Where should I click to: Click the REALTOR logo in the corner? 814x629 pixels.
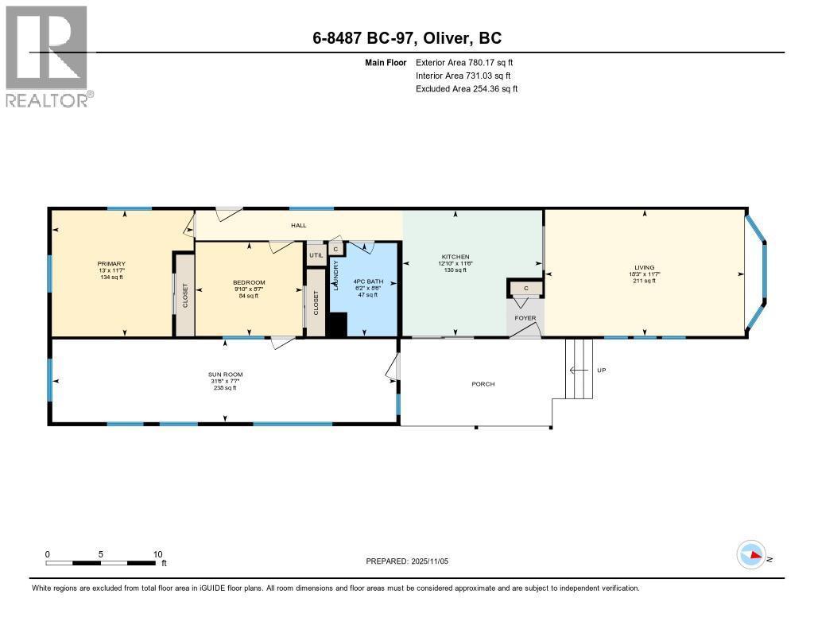pos(47,56)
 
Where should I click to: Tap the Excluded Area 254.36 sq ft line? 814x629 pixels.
pos(467,89)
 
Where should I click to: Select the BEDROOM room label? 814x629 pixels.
pos(249,283)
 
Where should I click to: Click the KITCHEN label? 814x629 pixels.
pos(455,257)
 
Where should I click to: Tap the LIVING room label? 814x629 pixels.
pos(644,268)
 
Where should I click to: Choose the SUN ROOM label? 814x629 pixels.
pos(225,375)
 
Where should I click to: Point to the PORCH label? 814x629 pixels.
pos(483,384)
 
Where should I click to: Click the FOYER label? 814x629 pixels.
pos(525,318)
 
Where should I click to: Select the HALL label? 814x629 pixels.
pos(298,226)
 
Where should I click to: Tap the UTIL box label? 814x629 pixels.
pos(316,254)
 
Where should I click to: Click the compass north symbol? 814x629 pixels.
pos(751,555)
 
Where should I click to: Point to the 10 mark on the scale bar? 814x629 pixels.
pos(157,554)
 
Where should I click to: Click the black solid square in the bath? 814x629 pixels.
pos(337,325)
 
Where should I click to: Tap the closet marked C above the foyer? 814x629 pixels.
pos(525,288)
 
